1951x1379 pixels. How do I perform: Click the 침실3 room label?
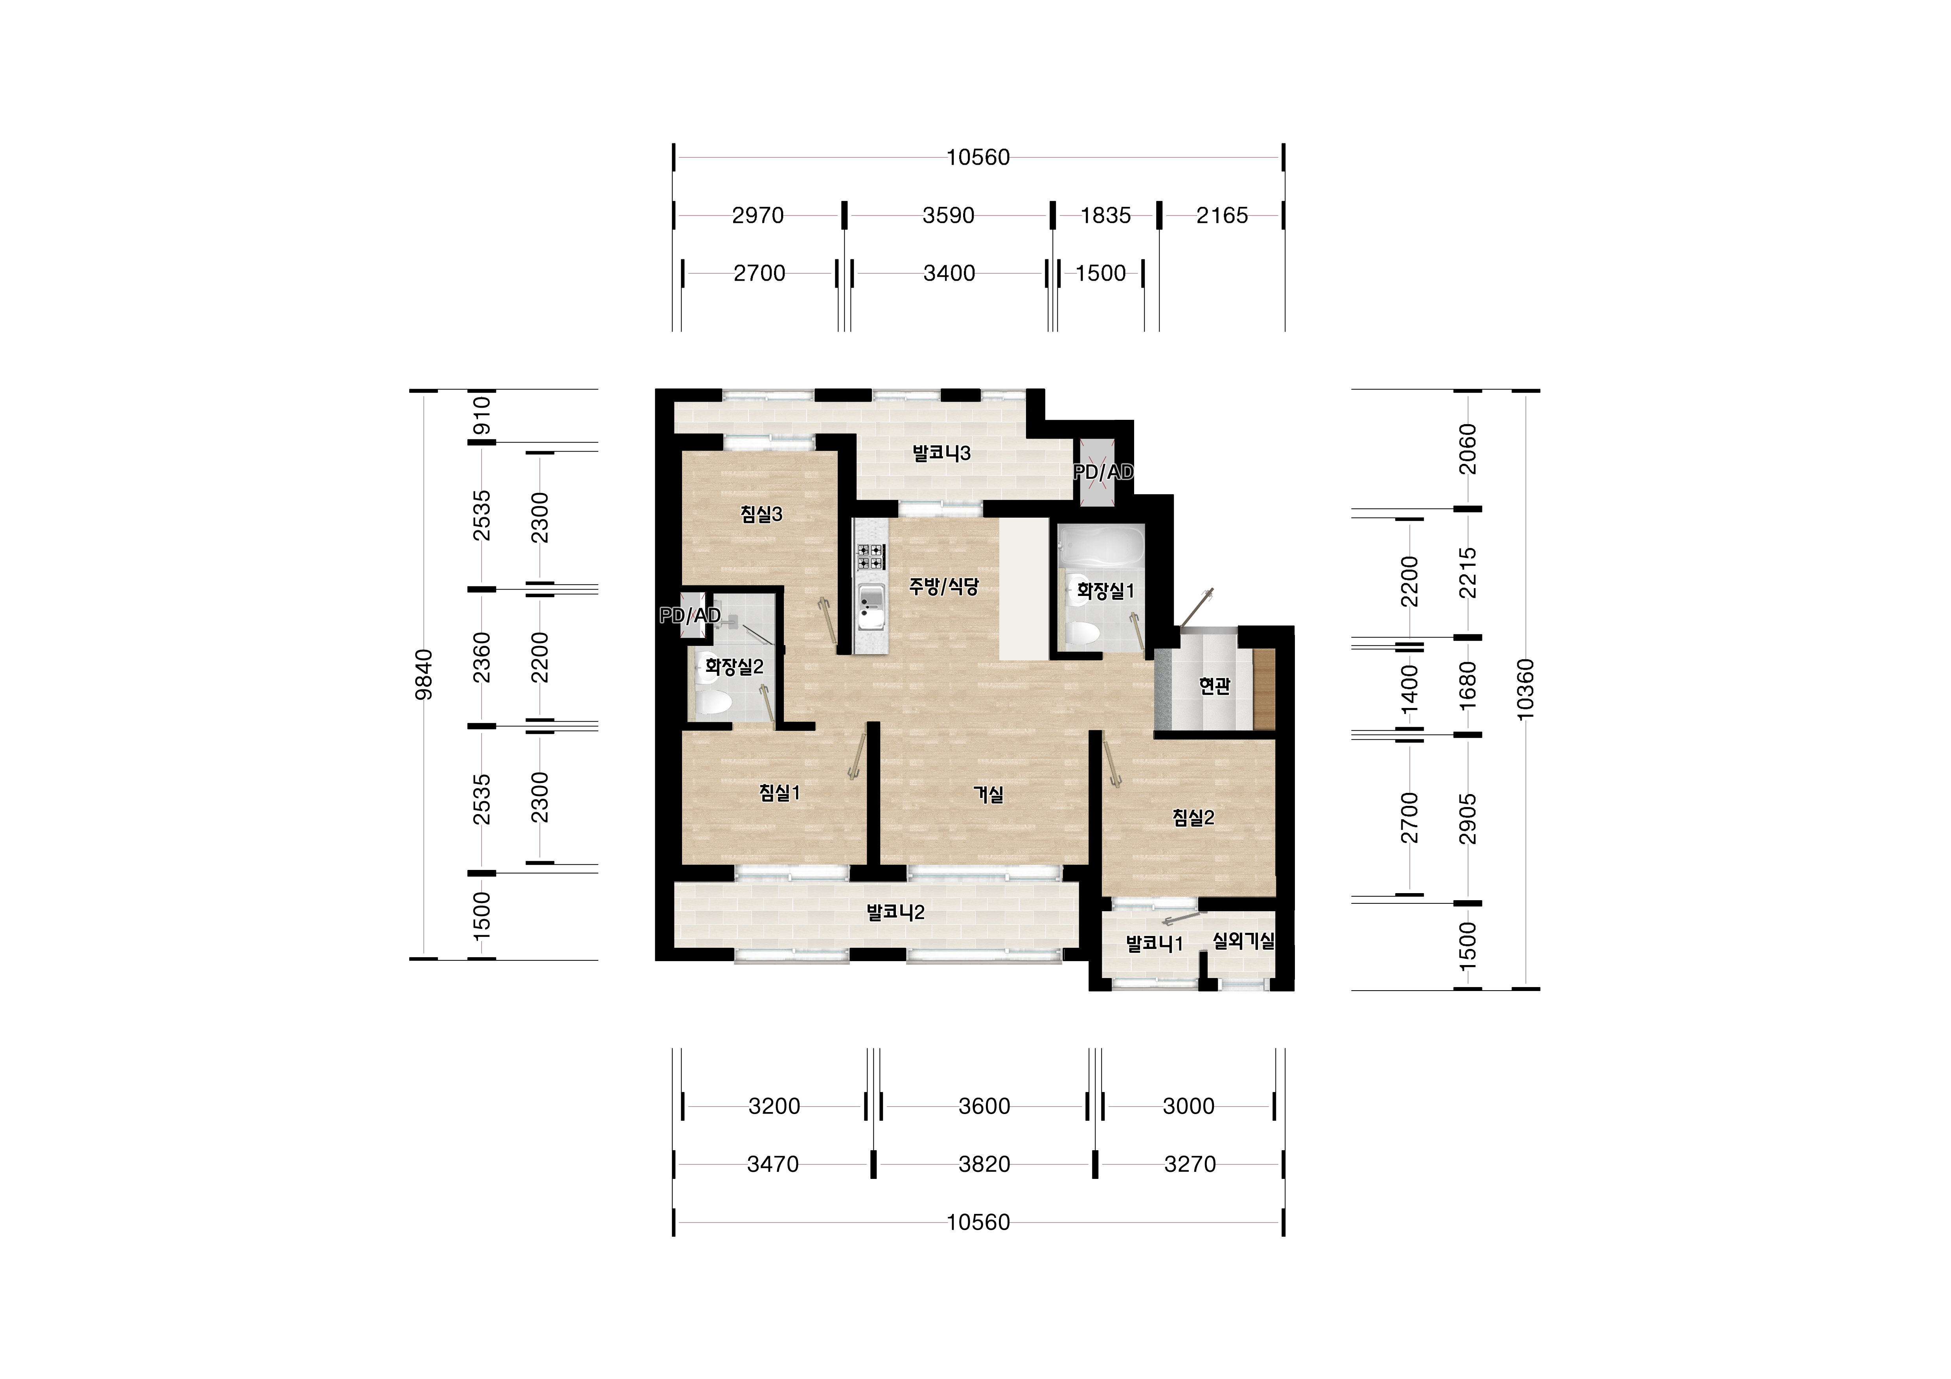pyautogui.click(x=761, y=514)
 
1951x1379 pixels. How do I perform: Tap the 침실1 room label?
pyautogui.click(x=780, y=793)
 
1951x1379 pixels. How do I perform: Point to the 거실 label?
pyautogui.click(x=988, y=794)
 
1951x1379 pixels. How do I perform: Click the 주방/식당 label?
pyautogui.click(x=944, y=586)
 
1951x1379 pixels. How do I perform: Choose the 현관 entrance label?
pyautogui.click(x=1214, y=686)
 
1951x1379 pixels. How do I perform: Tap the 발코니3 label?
pyautogui.click(x=941, y=453)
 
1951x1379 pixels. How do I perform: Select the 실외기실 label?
pyautogui.click(x=1243, y=941)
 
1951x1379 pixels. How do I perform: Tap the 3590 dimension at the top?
pyautogui.click(x=948, y=216)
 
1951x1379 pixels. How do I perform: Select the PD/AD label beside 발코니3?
pyautogui.click(x=1103, y=473)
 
